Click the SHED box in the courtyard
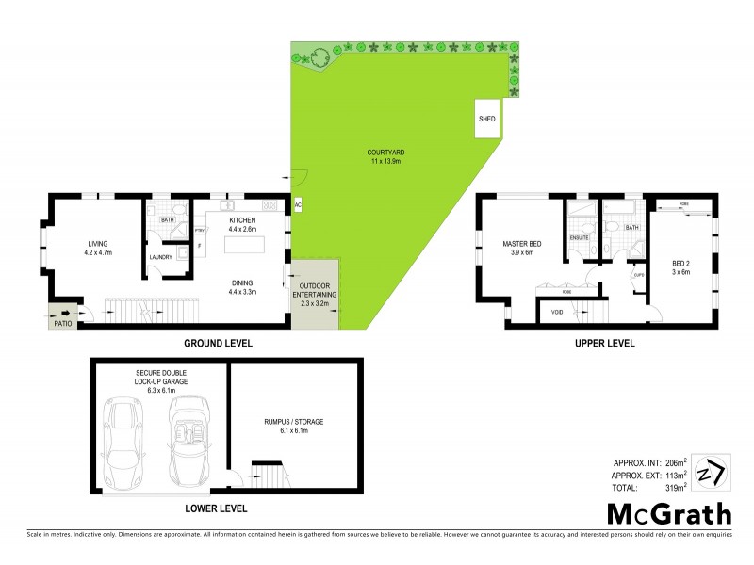coord(487,120)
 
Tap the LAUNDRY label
coord(161,257)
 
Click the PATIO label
coord(63,324)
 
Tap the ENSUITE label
coord(580,237)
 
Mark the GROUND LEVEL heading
coord(219,344)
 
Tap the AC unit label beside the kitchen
coord(298,203)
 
